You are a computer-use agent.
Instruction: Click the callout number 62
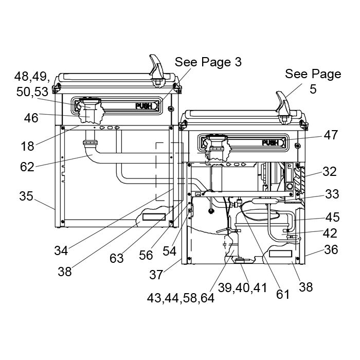[27, 167]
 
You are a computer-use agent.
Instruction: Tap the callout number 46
[31, 118]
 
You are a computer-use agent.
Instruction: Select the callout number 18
[27, 146]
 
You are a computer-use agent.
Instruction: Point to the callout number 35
[26, 196]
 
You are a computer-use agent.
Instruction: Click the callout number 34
[61, 250]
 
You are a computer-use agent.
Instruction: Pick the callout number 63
[116, 259]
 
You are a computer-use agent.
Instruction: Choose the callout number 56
[146, 255]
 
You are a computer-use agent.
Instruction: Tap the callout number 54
[169, 251]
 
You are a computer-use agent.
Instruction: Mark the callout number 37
[156, 275]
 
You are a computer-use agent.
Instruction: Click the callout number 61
[283, 294]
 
